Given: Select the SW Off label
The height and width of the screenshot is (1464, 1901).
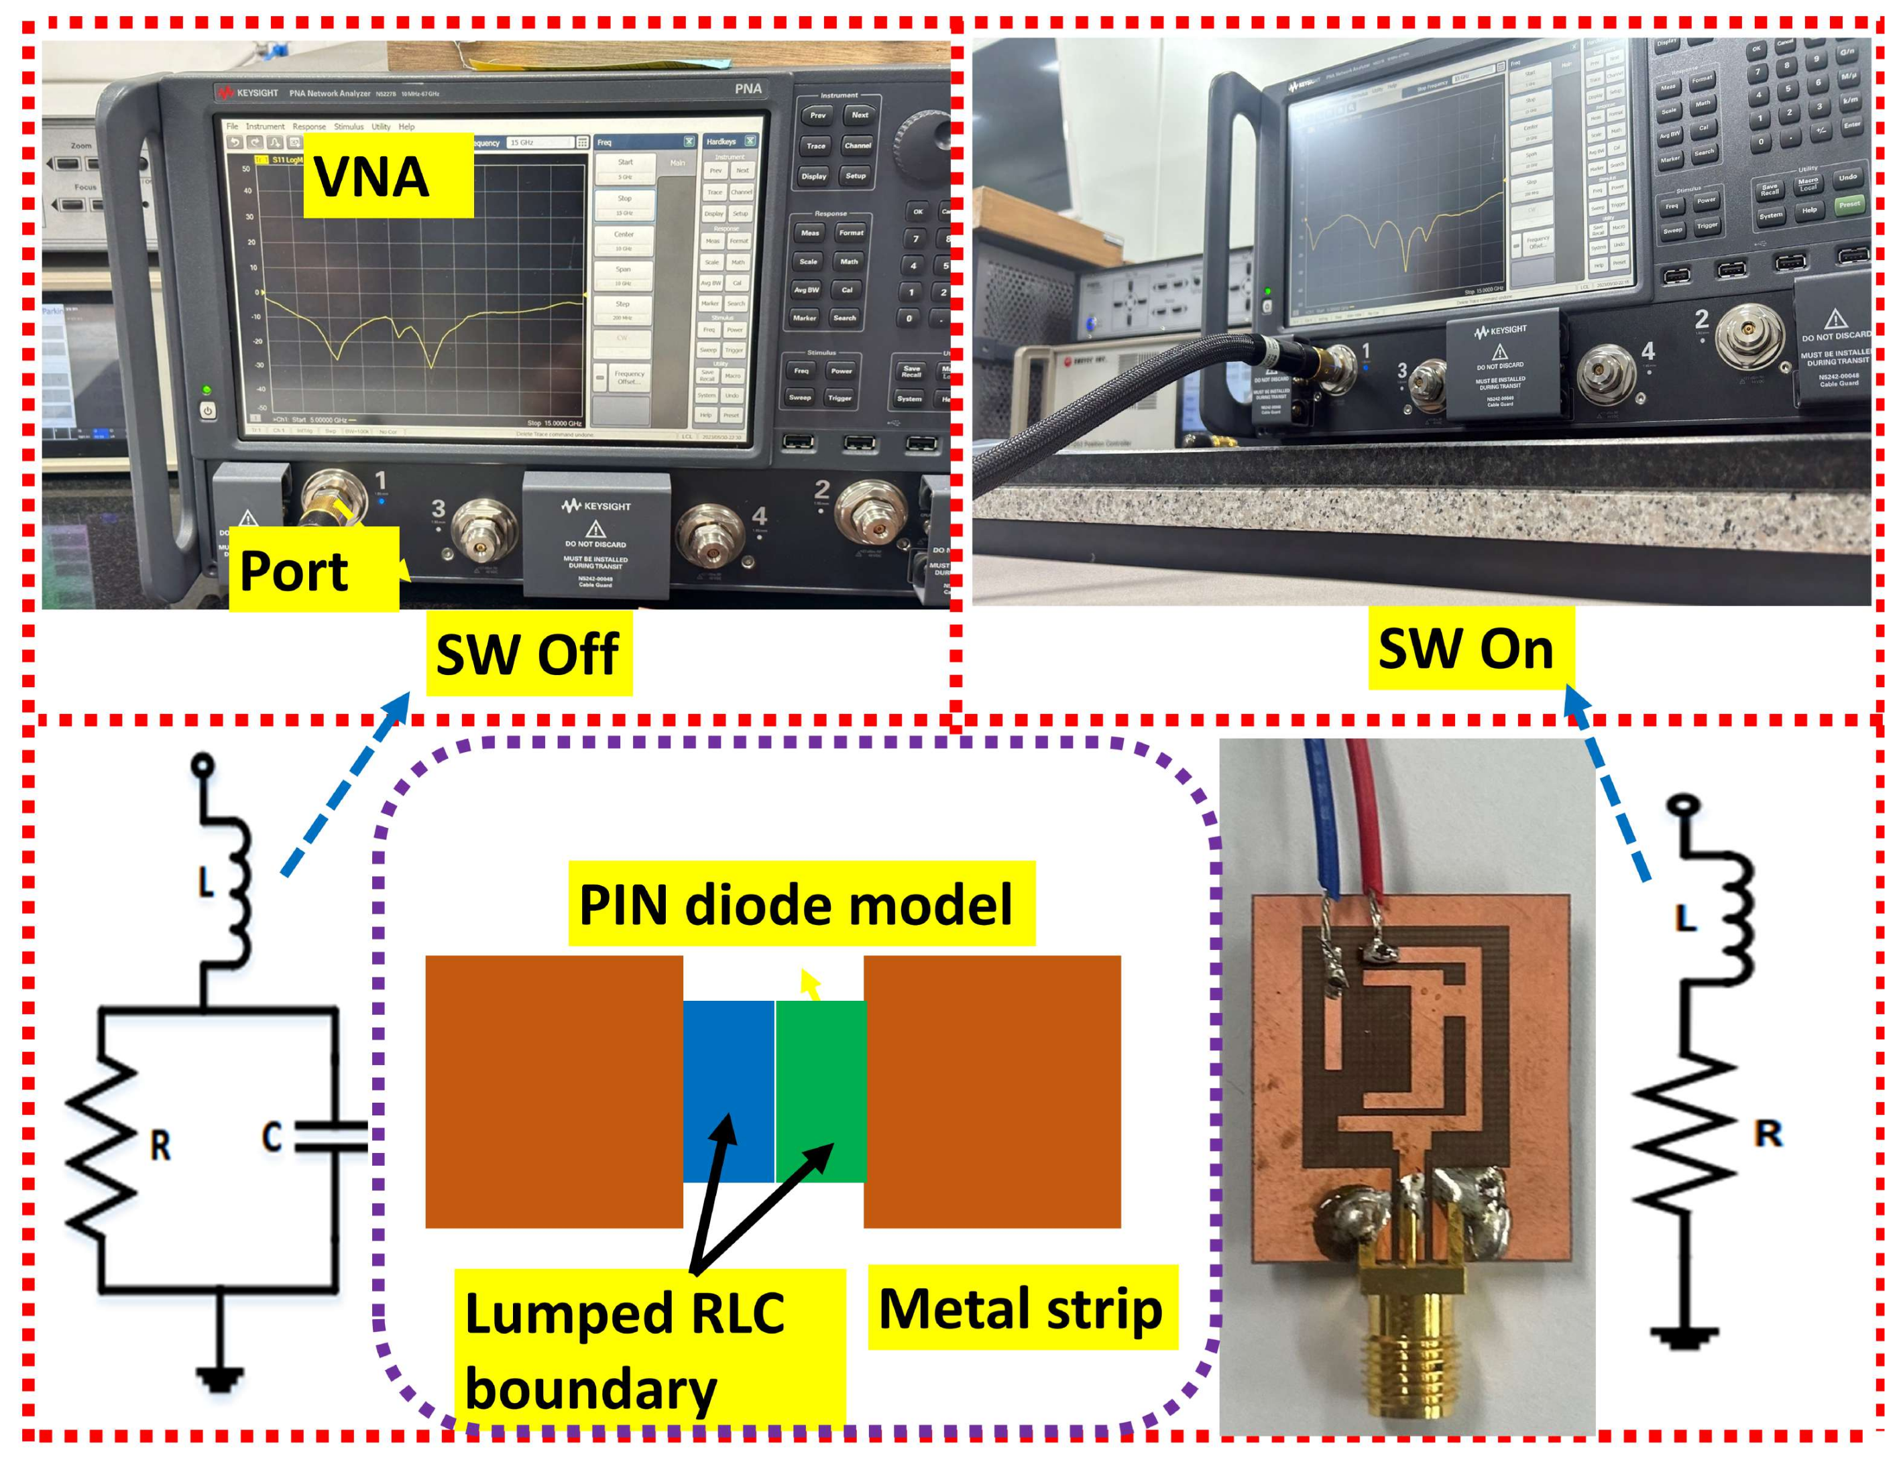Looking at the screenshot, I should (528, 654).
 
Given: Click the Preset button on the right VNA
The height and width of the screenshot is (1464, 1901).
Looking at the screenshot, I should (1849, 204).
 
